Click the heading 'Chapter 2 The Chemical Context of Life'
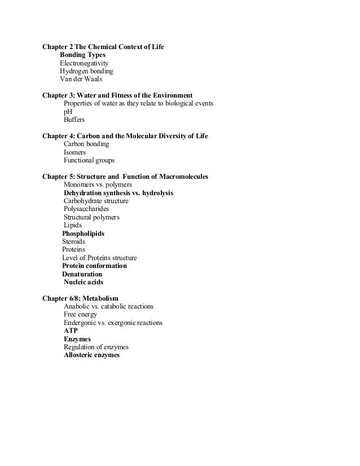pyautogui.click(x=103, y=46)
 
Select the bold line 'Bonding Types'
pyautogui.click(x=82, y=55)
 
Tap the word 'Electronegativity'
pyautogui.click(x=84, y=63)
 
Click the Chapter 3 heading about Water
pyautogui.click(x=117, y=95)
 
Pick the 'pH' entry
pyautogui.click(x=68, y=112)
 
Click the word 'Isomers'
pyautogui.click(x=75, y=152)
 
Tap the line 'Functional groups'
pyautogui.click(x=89, y=161)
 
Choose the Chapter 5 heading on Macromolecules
pyautogui.click(x=125, y=177)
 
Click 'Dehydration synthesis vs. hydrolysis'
pyautogui.click(x=118, y=193)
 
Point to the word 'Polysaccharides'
pyautogui.click(x=86, y=209)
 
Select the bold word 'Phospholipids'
pyautogui.click(x=83, y=234)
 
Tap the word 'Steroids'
pyautogui.click(x=74, y=241)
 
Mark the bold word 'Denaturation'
pyautogui.click(x=82, y=274)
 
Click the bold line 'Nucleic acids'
pyautogui.click(x=84, y=282)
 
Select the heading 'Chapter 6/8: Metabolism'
pyautogui.click(x=80, y=298)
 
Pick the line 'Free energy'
pyautogui.click(x=80, y=314)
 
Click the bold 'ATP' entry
pyautogui.click(x=71, y=331)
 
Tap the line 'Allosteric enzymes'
pyautogui.click(x=91, y=355)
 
